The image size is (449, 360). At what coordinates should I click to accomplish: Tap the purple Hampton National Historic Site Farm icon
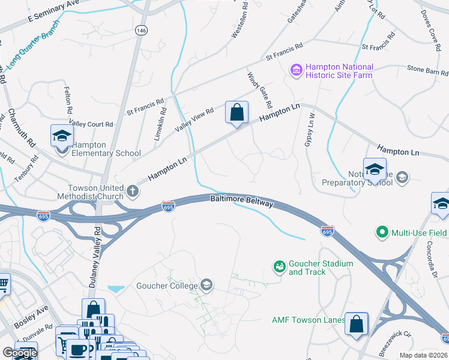click(295, 71)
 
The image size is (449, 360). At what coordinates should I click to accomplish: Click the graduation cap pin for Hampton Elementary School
click(62, 137)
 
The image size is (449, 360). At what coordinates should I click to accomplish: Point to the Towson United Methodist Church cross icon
click(133, 192)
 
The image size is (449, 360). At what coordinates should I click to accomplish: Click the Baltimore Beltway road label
click(241, 201)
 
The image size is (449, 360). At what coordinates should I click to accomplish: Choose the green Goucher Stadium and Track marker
click(279, 266)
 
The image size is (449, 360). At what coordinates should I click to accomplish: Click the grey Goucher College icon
click(206, 284)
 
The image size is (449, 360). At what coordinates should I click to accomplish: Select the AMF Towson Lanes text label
click(308, 320)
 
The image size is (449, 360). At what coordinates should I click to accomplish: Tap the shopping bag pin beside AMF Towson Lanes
click(357, 324)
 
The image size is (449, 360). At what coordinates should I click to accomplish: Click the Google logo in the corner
click(20, 353)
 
